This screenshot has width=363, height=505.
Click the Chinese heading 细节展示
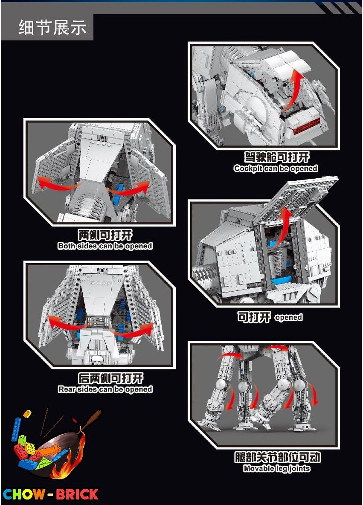52,28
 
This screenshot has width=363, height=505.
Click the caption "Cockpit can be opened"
276,169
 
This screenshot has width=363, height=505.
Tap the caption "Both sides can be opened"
105,246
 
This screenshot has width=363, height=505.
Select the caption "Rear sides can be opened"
105,389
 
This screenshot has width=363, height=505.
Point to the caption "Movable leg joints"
276,468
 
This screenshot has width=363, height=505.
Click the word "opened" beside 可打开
289,318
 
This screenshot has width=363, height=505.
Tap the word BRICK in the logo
77,494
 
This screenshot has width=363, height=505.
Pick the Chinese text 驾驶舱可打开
276,157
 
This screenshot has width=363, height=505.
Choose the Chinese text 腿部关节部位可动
277,457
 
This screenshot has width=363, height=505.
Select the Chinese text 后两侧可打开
105,378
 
